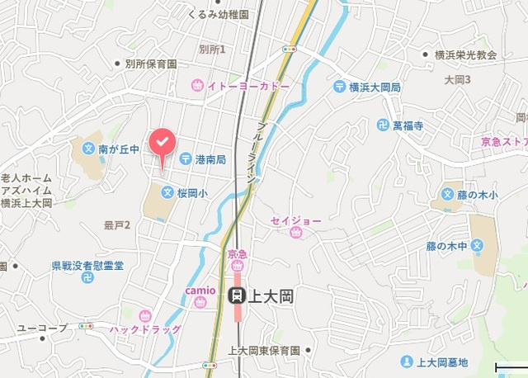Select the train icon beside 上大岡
[x=236, y=295]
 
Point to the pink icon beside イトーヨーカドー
[x=197, y=85]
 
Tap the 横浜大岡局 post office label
[x=374, y=87]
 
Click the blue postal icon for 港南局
[x=186, y=158]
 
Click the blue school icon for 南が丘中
[x=88, y=149]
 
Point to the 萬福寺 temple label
[x=408, y=125]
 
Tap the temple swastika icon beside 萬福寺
[x=382, y=125]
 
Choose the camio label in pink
[x=200, y=291]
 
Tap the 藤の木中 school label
[x=446, y=246]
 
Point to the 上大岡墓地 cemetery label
[x=442, y=361]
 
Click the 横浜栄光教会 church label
[x=465, y=55]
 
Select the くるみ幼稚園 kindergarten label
[x=218, y=15]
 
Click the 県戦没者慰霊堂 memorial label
[x=87, y=265]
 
